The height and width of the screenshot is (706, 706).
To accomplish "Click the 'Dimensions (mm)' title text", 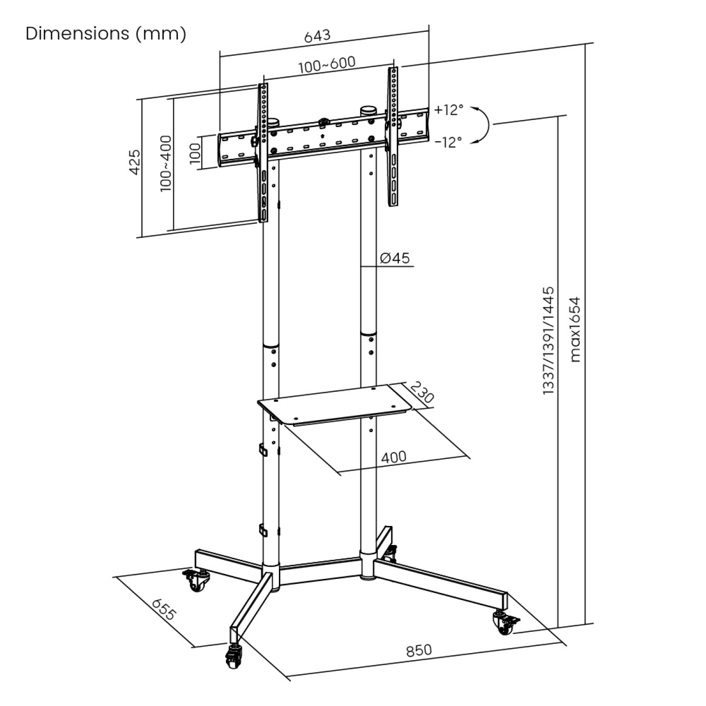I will point(106,34).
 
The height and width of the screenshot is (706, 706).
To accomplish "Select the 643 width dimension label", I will point(318,35).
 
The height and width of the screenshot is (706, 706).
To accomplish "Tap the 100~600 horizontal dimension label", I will point(327,64).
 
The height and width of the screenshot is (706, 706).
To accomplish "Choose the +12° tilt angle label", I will point(448,110).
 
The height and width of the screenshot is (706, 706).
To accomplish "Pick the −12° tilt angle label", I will point(448,142).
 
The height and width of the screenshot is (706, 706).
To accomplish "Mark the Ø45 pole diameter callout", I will point(395,258).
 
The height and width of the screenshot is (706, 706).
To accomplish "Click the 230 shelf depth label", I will point(422,392).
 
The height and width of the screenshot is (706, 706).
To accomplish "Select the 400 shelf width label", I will point(393,457).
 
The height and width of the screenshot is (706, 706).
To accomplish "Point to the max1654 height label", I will point(575,329).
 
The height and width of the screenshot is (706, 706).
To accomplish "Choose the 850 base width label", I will point(419,651).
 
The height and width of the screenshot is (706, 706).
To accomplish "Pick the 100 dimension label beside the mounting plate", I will point(196,152).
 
